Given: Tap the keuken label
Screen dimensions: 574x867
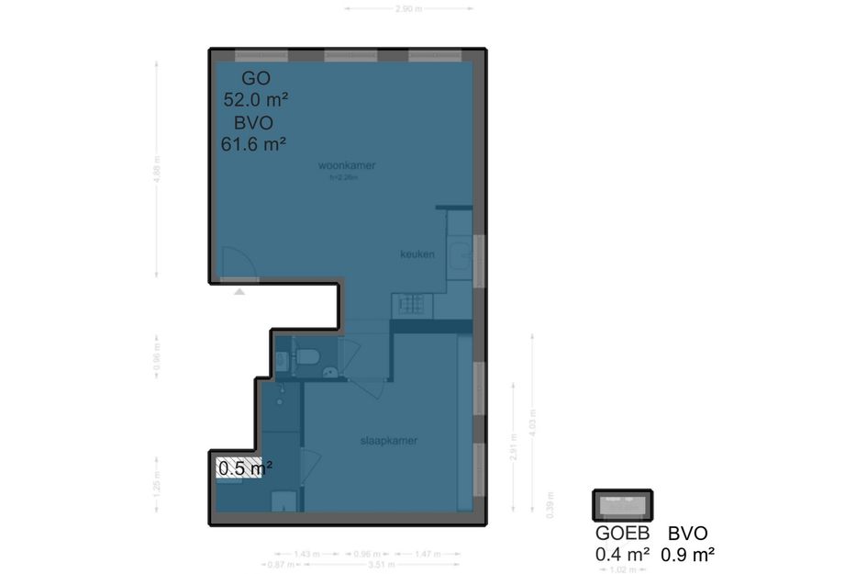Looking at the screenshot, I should [417, 254].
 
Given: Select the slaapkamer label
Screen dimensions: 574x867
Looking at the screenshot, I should [389, 441].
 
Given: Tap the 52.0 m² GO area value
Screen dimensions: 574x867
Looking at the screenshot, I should [257, 99].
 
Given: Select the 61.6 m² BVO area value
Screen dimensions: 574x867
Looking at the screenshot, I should [254, 143].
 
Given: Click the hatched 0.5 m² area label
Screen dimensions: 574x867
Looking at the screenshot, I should [244, 468].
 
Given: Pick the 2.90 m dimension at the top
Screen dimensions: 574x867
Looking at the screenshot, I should [409, 9].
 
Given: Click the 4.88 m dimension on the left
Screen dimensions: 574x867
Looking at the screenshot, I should [157, 173].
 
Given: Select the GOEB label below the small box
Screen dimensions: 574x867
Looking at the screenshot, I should [622, 534].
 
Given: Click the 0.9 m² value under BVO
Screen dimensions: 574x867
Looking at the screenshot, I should [688, 554].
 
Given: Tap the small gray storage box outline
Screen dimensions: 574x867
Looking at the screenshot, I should [621, 505].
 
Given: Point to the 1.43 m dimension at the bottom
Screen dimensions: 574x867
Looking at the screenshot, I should [307, 555].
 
